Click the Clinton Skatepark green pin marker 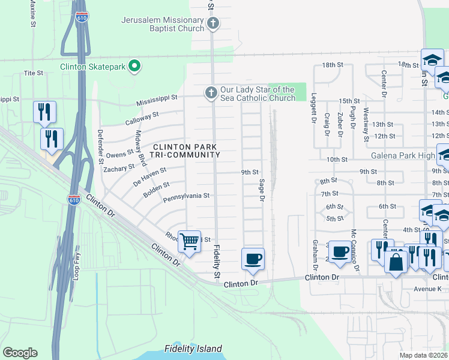(135, 66)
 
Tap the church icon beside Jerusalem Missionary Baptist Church (212, 24)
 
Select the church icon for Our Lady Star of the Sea (210, 92)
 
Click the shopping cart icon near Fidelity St (189, 242)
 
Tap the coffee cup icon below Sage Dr (252, 259)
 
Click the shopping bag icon (396, 262)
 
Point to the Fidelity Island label (193, 349)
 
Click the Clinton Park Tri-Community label (185, 151)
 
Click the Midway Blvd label (142, 148)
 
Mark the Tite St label (34, 73)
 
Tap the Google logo (20, 353)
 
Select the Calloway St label (142, 117)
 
